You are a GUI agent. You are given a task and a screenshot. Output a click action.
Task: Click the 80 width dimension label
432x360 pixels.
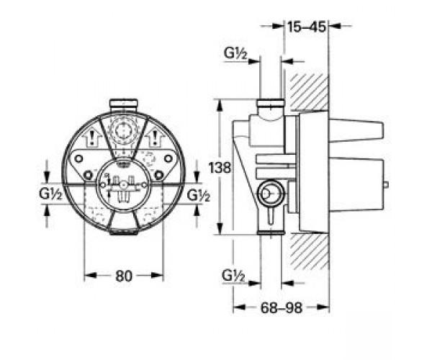(x=125, y=275)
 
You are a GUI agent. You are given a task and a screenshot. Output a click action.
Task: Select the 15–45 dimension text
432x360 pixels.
(x=307, y=27)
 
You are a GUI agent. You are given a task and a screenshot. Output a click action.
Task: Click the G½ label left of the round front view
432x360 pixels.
(x=51, y=194)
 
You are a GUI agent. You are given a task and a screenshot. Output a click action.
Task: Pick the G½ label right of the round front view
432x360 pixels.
(x=199, y=194)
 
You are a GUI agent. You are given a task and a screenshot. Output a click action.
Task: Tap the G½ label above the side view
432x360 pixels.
(x=235, y=53)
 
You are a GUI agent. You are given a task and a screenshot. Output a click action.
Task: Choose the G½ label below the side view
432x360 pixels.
(x=235, y=274)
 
